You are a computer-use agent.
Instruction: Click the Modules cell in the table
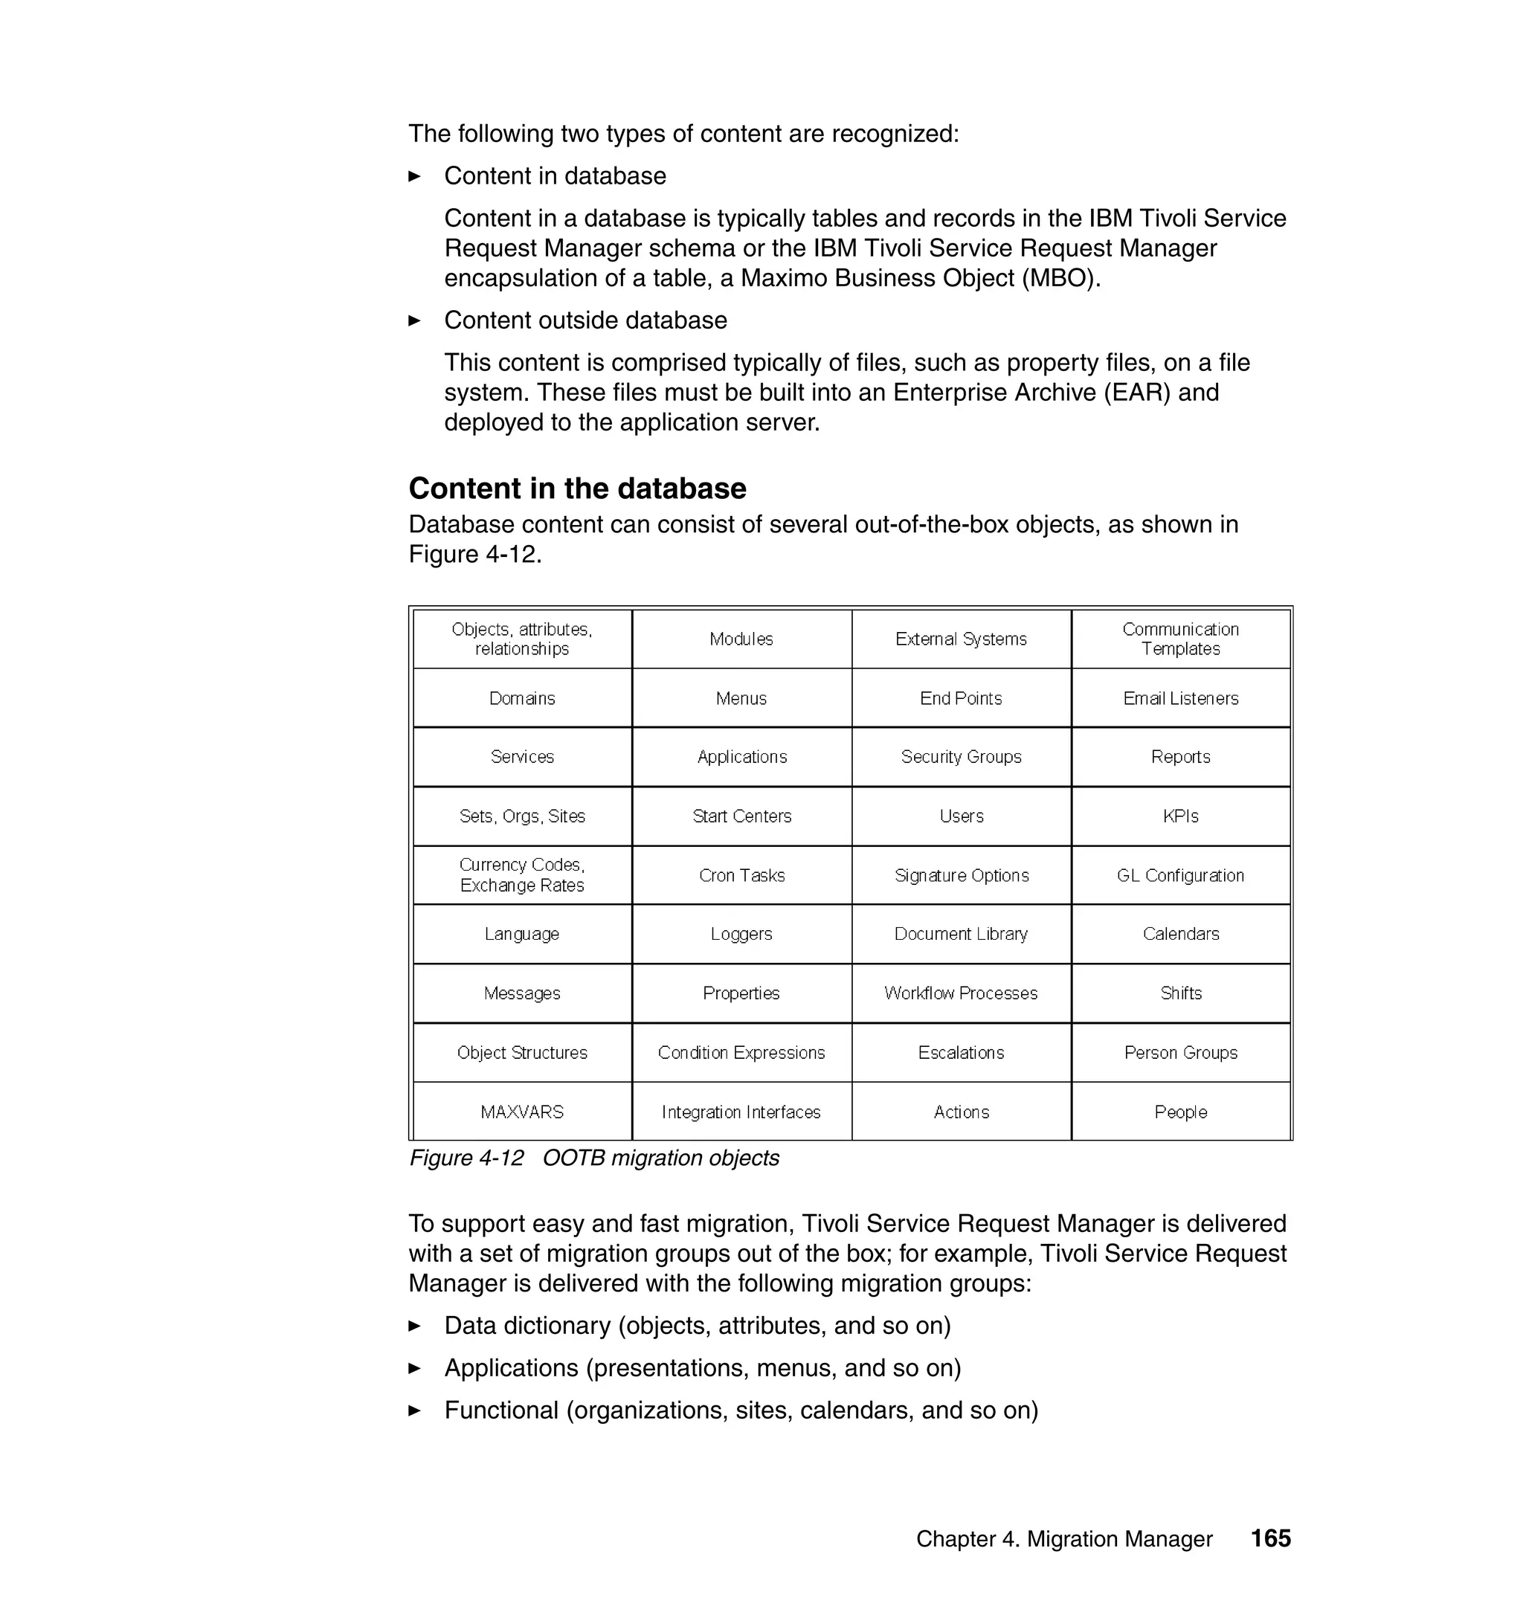741,639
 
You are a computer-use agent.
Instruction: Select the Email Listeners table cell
1180,698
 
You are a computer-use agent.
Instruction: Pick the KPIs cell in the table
1180,816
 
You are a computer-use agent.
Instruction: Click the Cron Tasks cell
741,875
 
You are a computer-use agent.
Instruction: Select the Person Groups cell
1180,1053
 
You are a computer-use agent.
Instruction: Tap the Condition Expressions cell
741,1053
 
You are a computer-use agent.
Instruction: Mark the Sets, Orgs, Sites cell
522,816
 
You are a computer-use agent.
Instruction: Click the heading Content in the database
577,489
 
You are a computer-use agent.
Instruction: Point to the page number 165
1270,1538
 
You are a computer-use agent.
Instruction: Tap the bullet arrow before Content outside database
414,320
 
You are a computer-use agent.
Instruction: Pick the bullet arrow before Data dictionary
414,1326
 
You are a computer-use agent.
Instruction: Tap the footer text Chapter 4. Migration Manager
1063,1539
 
